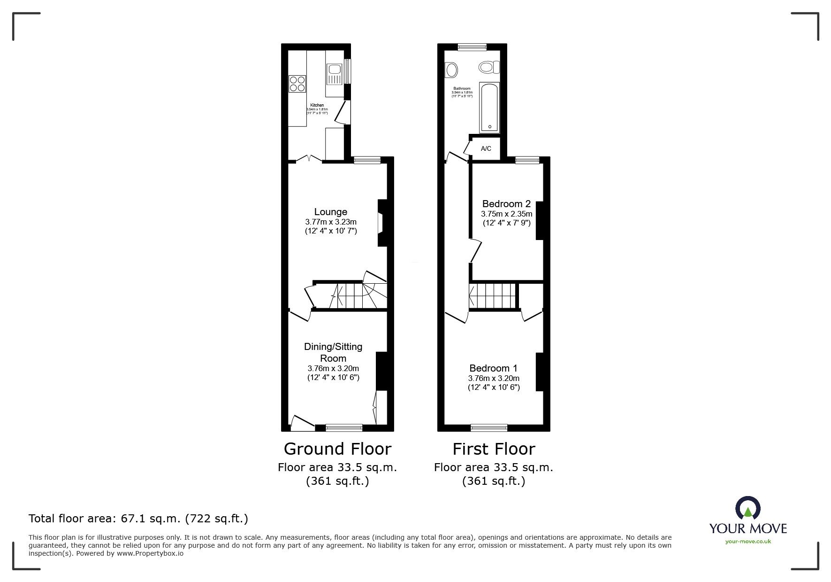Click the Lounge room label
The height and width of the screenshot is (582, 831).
click(x=331, y=212)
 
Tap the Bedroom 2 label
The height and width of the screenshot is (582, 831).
click(x=506, y=204)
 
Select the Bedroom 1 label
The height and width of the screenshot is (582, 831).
click(x=493, y=368)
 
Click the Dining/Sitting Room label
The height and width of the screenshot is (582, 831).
click(x=333, y=352)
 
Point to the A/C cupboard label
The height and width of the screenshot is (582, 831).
click(x=486, y=148)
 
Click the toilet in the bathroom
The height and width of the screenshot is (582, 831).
click(x=489, y=67)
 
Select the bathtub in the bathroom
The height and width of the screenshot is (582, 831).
click(x=489, y=107)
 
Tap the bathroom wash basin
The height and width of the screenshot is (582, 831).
click(x=452, y=71)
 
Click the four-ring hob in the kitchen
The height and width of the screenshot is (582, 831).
click(x=297, y=84)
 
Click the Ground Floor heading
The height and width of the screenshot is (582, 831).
click(x=337, y=449)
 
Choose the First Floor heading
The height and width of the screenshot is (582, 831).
click(x=494, y=449)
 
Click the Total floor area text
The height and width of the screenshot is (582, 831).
click(x=138, y=519)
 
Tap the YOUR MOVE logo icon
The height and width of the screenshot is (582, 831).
click(x=747, y=509)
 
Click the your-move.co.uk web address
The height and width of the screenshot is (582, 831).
click(x=748, y=542)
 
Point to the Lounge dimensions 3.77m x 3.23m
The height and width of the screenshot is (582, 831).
click(x=331, y=222)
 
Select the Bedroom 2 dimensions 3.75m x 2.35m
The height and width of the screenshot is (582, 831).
click(x=506, y=214)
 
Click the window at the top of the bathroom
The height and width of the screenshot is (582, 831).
click(x=472, y=46)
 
